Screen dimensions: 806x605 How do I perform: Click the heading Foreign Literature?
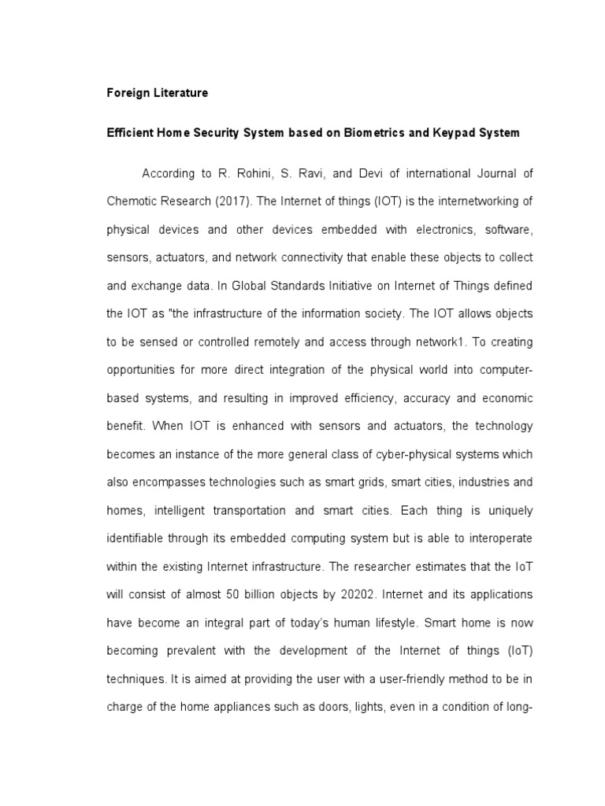pos(158,93)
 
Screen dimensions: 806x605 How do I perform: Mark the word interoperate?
pos(499,539)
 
